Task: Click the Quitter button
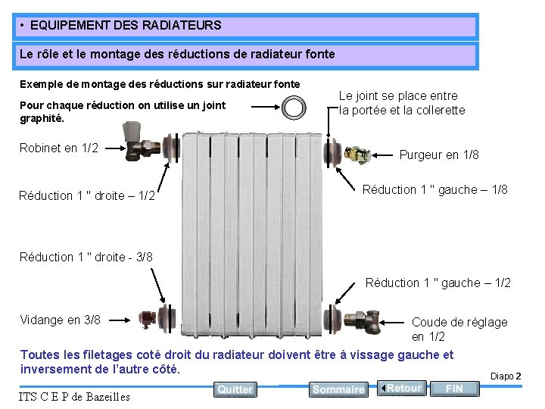click(x=235, y=389)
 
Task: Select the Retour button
click(x=402, y=388)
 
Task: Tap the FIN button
click(x=454, y=389)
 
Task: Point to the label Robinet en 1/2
click(x=59, y=148)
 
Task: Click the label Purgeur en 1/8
click(x=439, y=155)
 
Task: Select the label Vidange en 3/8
click(x=60, y=320)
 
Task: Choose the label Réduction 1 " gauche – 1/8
click(x=434, y=189)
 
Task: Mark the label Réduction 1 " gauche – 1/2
click(x=438, y=283)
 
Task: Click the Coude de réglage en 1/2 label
click(x=459, y=329)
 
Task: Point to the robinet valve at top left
click(x=141, y=145)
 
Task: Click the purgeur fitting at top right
click(x=358, y=155)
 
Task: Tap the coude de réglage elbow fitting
click(x=372, y=320)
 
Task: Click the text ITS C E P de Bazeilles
click(x=75, y=396)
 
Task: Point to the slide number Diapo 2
click(x=506, y=376)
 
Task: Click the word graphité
click(x=42, y=119)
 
